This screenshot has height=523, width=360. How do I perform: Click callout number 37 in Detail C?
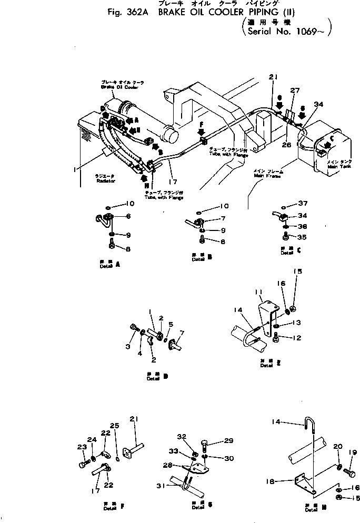302,204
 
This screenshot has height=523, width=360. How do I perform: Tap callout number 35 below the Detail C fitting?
302,237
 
